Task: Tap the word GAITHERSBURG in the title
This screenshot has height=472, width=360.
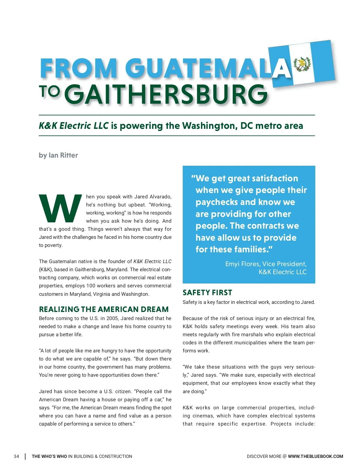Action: (166, 94)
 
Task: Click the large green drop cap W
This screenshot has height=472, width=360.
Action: (60, 209)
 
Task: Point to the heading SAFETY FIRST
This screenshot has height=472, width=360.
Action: (207, 292)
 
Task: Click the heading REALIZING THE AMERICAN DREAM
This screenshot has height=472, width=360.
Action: (104, 309)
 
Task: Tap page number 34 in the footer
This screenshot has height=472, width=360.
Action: (16, 456)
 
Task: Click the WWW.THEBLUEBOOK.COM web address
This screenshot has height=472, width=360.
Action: (315, 456)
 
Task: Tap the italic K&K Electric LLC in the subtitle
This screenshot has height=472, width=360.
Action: (73, 126)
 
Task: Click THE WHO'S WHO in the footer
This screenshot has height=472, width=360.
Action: (49, 456)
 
